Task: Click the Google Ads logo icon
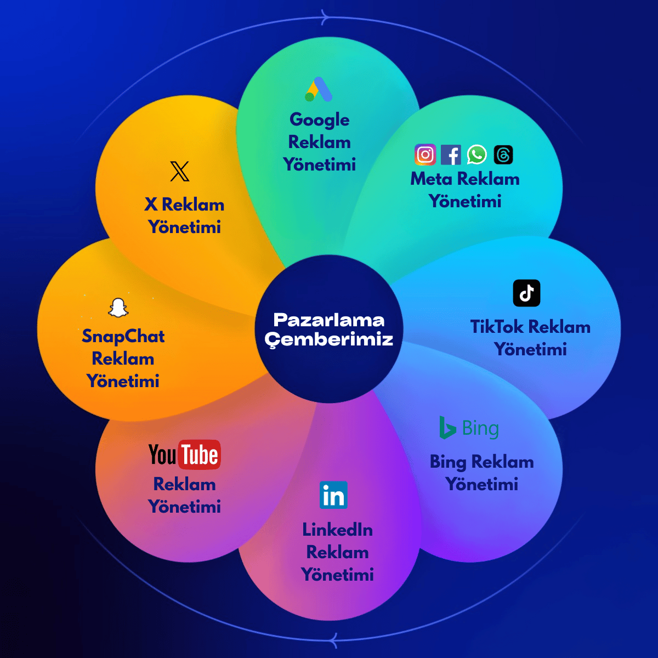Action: pyautogui.click(x=319, y=89)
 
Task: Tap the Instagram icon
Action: pyautogui.click(x=425, y=155)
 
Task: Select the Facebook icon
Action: pyautogui.click(x=451, y=155)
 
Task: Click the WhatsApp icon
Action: pyautogui.click(x=477, y=155)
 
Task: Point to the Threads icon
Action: pyautogui.click(x=503, y=155)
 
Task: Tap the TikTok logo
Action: pyautogui.click(x=526, y=293)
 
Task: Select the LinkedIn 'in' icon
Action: pyautogui.click(x=333, y=495)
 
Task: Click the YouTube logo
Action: pyautogui.click(x=185, y=455)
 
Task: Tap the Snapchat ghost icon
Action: pyautogui.click(x=118, y=308)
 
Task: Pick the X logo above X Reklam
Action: pyautogui.click(x=179, y=171)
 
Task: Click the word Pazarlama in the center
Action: pyautogui.click(x=329, y=320)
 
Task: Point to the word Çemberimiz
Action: pyautogui.click(x=329, y=339)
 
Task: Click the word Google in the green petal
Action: pyautogui.click(x=319, y=120)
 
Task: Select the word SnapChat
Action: pyautogui.click(x=123, y=336)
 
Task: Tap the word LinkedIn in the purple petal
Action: pyautogui.click(x=337, y=530)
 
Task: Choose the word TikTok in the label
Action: pyautogui.click(x=497, y=327)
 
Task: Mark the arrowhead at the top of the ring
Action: pyautogui.click(x=325, y=18)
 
